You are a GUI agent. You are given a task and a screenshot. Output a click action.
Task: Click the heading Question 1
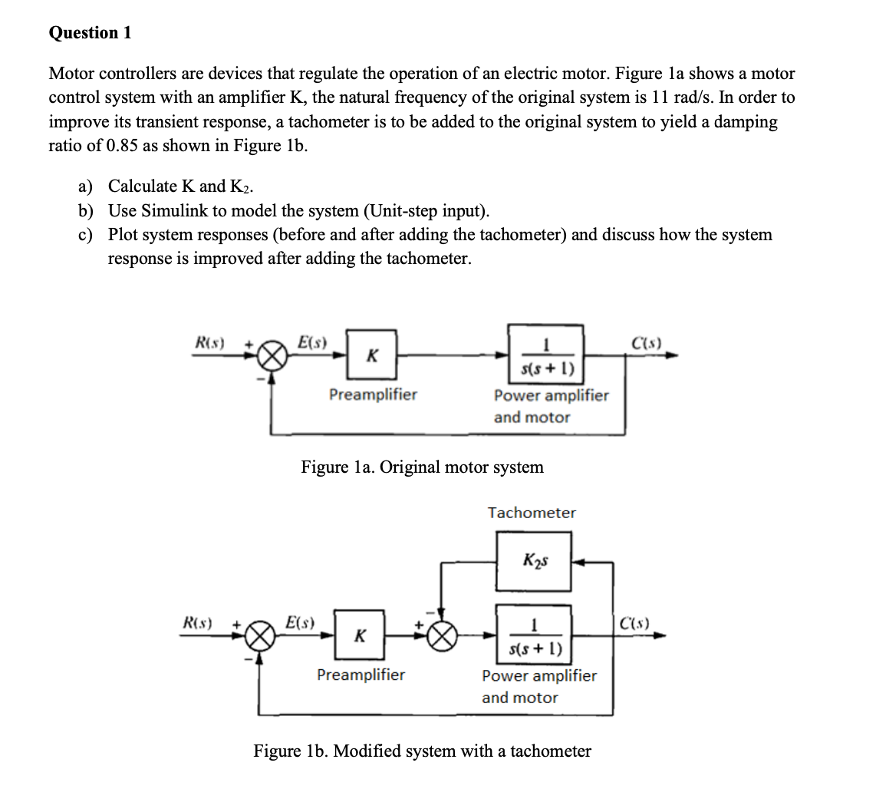click(90, 32)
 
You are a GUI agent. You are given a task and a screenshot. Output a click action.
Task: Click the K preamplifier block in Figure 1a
click(371, 355)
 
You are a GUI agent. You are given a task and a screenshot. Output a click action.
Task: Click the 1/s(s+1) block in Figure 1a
click(545, 354)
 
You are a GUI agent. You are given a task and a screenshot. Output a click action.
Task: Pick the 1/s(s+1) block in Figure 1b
click(534, 635)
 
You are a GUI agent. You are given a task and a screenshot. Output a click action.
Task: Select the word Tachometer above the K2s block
click(532, 513)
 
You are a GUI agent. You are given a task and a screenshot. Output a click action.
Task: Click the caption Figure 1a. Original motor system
click(422, 467)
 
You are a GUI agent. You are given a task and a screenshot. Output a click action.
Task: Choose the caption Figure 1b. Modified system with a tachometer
click(422, 751)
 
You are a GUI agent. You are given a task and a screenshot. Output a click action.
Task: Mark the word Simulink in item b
click(169, 211)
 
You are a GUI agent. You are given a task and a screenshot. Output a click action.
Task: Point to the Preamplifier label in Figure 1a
click(373, 394)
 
